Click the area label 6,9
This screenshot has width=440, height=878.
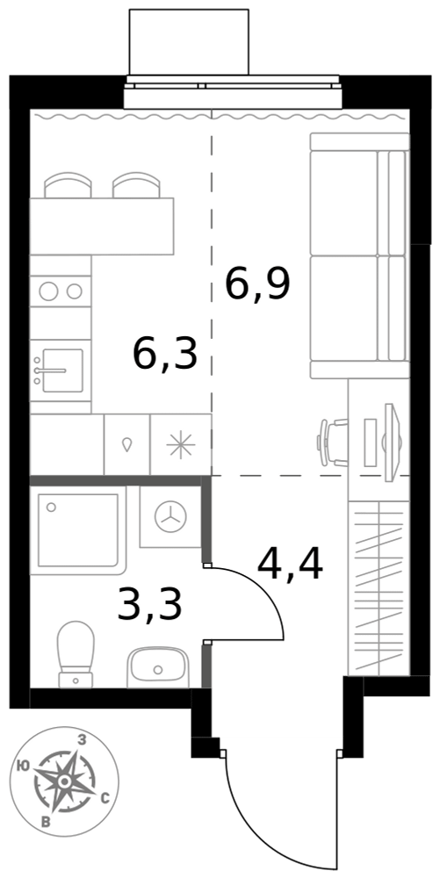pyautogui.click(x=257, y=284)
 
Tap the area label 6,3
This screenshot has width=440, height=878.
pyautogui.click(x=166, y=354)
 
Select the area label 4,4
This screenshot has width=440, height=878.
pyautogui.click(x=290, y=565)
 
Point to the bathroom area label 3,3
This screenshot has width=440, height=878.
pyautogui.click(x=150, y=605)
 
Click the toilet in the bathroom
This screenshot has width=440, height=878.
pyautogui.click(x=76, y=653)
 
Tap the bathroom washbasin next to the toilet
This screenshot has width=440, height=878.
pyautogui.click(x=158, y=667)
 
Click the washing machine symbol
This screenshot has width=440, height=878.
pyautogui.click(x=170, y=516)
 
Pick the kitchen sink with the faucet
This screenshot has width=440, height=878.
pyautogui.click(x=61, y=371)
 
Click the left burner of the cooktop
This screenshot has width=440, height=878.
pyautogui.click(x=48, y=290)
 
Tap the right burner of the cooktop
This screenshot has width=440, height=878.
pyautogui.click(x=75, y=291)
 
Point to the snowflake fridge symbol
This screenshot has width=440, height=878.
pyautogui.click(x=181, y=445)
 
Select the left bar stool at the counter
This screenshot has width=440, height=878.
pyautogui.click(x=68, y=184)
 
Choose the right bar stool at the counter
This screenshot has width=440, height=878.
pyautogui.click(x=137, y=184)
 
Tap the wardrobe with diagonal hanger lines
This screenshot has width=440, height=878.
pyautogui.click(x=379, y=588)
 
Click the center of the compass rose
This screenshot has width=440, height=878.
pyautogui.click(x=65, y=781)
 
